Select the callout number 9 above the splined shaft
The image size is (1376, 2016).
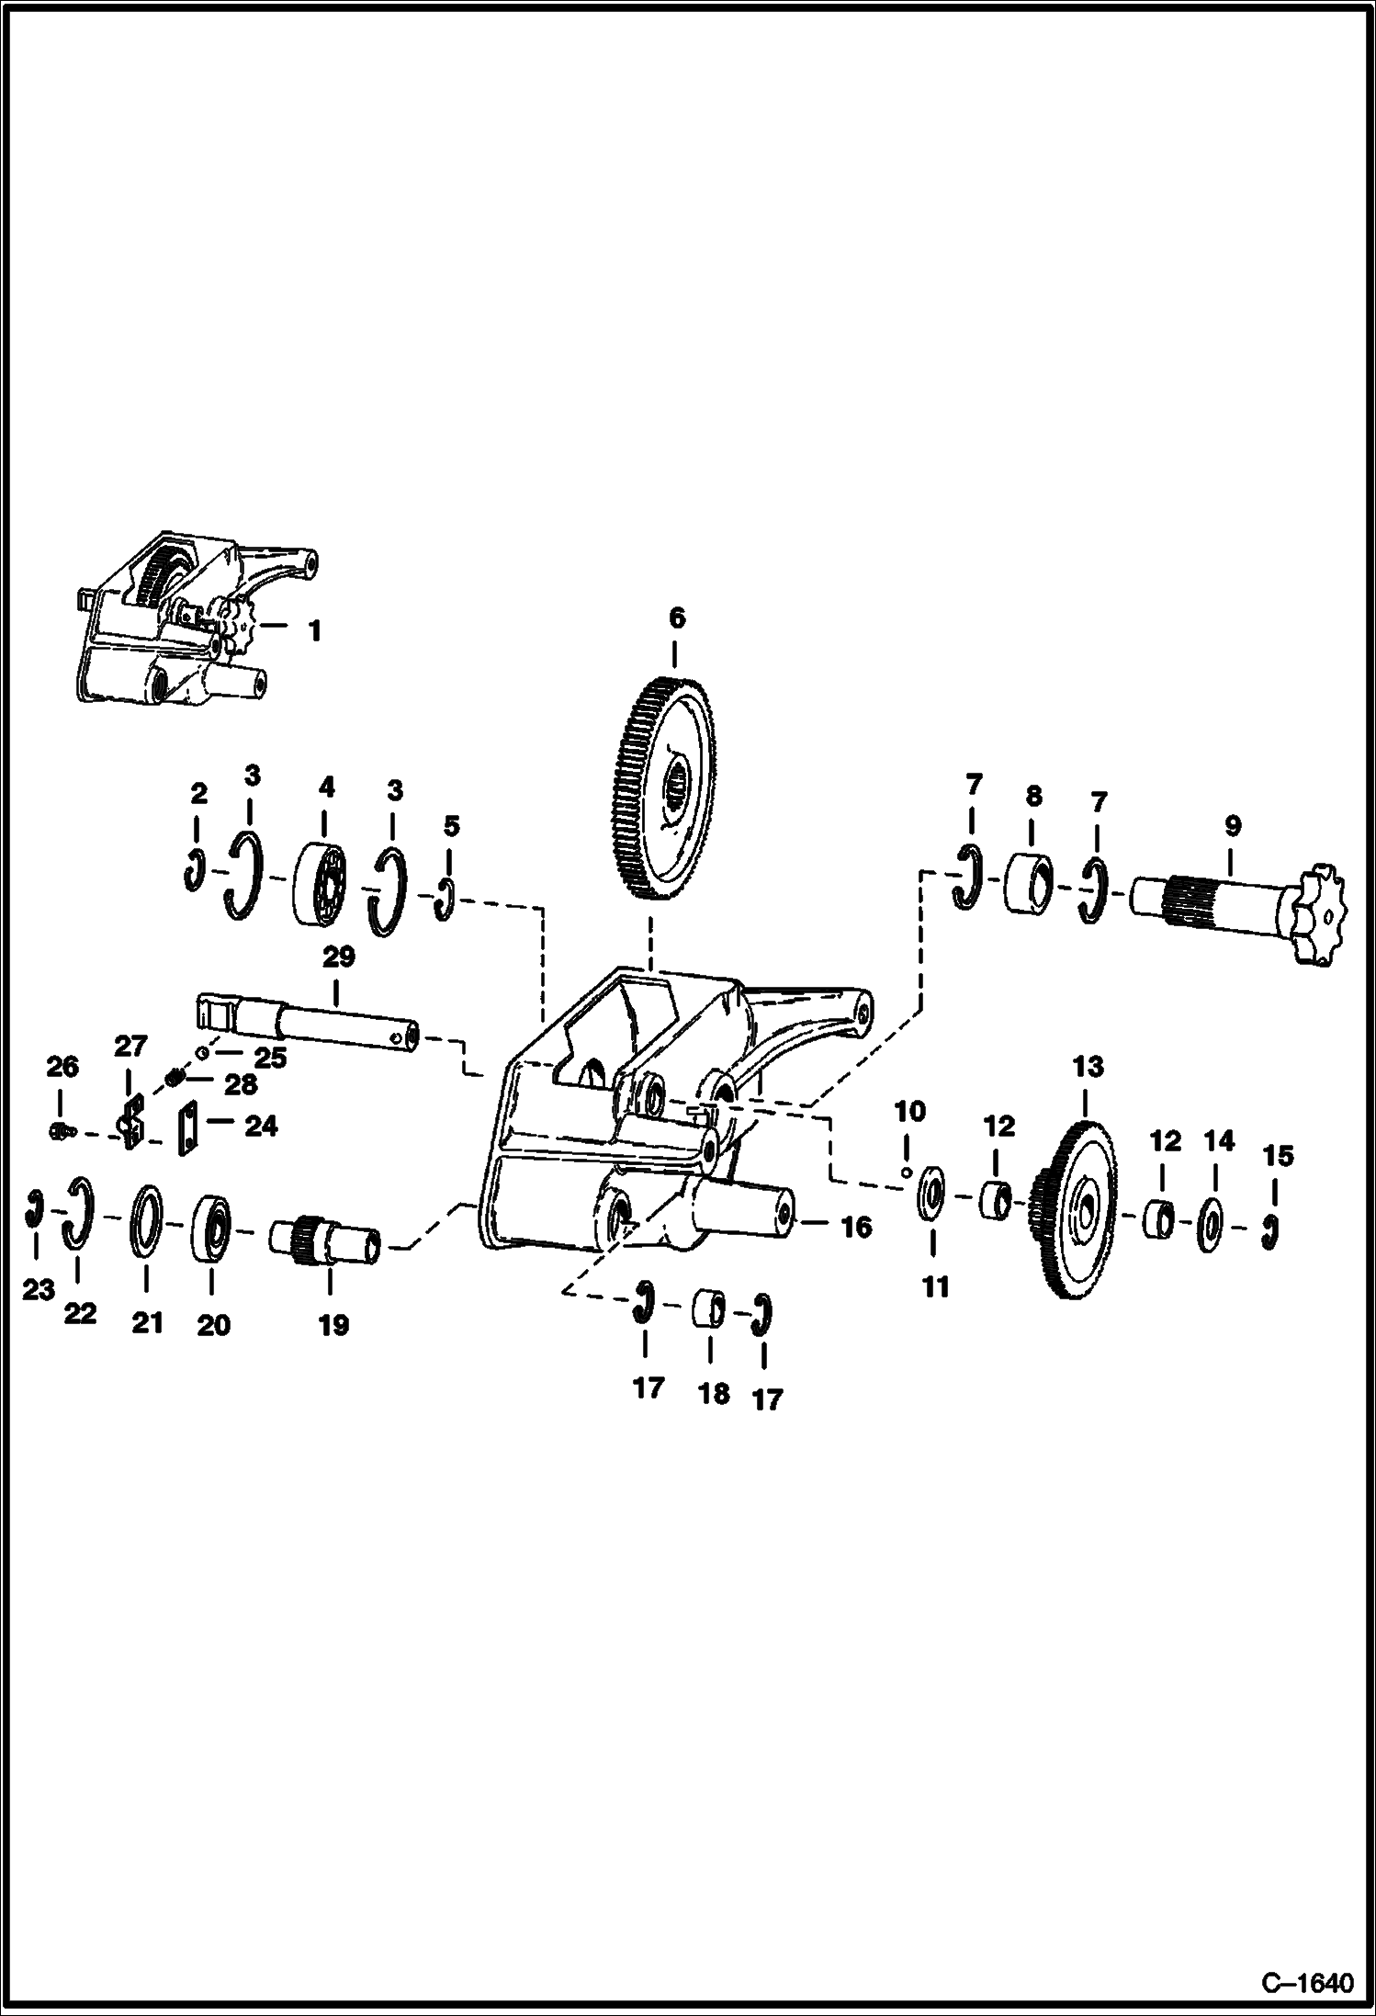click(x=1232, y=825)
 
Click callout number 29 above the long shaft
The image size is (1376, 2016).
click(x=337, y=957)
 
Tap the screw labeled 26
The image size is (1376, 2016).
click(x=59, y=1132)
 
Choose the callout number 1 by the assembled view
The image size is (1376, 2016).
click(x=313, y=631)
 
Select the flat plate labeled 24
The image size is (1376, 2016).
click(x=187, y=1128)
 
